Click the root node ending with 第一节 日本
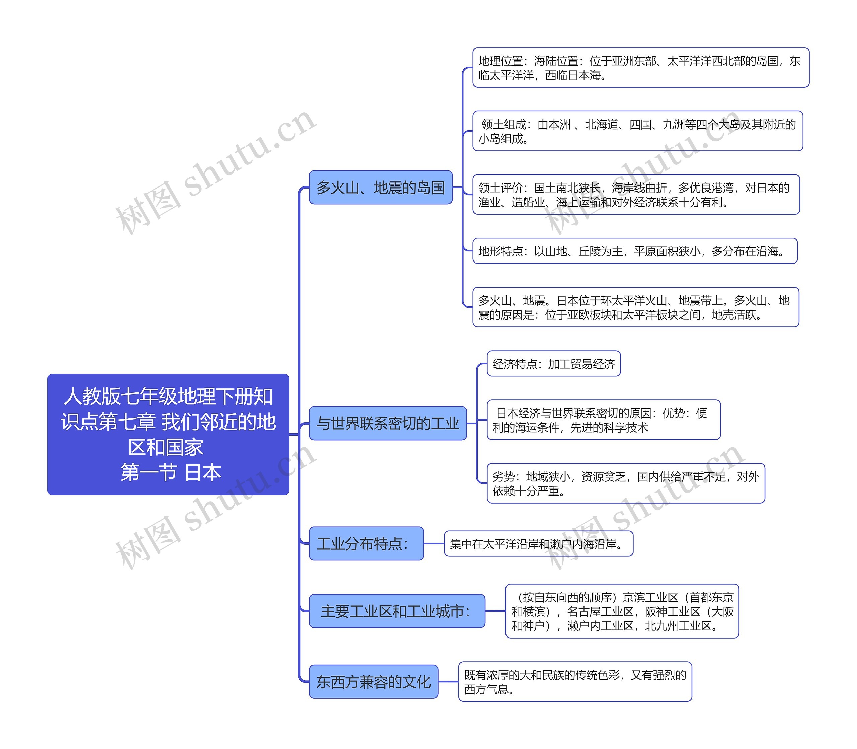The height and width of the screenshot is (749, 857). pos(168,434)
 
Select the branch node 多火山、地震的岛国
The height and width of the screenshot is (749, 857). pos(380,187)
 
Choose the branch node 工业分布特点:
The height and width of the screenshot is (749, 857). pos(366,543)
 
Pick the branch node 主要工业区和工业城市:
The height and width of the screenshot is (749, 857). pos(397,611)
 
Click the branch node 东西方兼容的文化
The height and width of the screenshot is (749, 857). pos(373,682)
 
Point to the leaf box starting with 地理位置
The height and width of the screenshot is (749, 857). pos(640,68)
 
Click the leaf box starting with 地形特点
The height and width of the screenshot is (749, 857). pos(634,251)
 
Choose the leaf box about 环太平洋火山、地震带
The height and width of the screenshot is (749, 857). pos(635,307)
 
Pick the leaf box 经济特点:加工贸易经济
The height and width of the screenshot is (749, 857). pos(553,364)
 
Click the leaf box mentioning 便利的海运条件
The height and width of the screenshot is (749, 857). pos(603,420)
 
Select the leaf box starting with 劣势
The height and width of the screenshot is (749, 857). pos(626,483)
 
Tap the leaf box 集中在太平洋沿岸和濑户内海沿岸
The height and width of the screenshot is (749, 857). pos(538,544)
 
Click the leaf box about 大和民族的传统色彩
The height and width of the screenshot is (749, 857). pos(574,682)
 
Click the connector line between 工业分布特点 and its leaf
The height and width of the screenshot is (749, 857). pos(434,544)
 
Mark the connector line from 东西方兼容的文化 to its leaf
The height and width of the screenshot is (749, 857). pos(448,682)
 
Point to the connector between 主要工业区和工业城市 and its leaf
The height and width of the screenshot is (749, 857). pos(495,611)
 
